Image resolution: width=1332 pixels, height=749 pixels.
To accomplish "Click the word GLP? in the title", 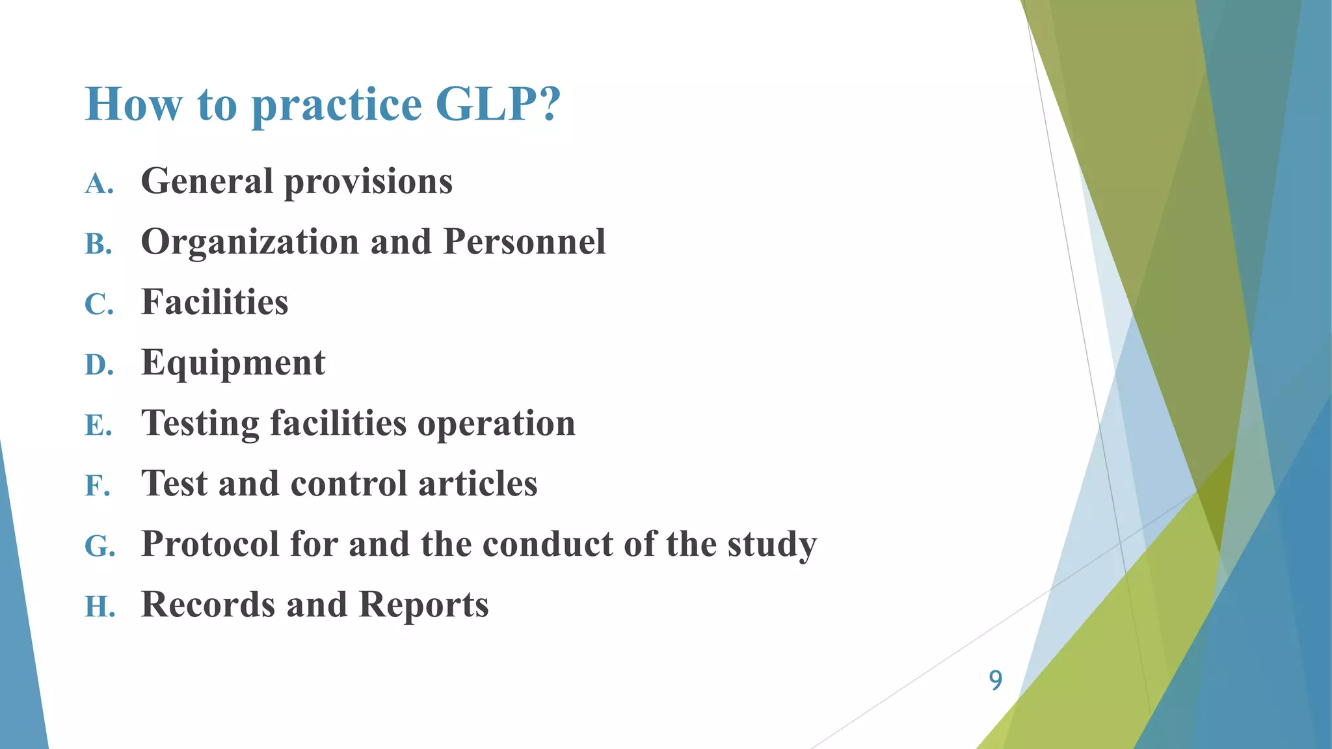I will coord(498,104).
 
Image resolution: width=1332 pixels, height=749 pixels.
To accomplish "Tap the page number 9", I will coord(995,680).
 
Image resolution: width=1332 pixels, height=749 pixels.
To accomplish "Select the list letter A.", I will coord(99,184).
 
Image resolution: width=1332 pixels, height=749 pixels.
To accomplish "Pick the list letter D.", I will coord(99,365).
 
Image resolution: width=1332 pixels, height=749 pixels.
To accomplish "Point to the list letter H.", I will coord(100,607).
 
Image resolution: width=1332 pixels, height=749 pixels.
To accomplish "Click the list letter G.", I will coord(100,547).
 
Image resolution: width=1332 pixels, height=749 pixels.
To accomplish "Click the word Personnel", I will coord(524,242).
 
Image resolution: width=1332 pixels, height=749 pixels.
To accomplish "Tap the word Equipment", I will coord(233,363).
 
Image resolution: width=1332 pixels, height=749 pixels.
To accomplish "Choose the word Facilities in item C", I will coord(215,302).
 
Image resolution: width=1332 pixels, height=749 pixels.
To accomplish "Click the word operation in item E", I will coord(496,424).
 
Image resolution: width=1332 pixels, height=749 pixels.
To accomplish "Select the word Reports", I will coord(423,605).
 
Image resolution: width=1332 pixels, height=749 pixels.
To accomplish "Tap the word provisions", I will coord(368,182).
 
